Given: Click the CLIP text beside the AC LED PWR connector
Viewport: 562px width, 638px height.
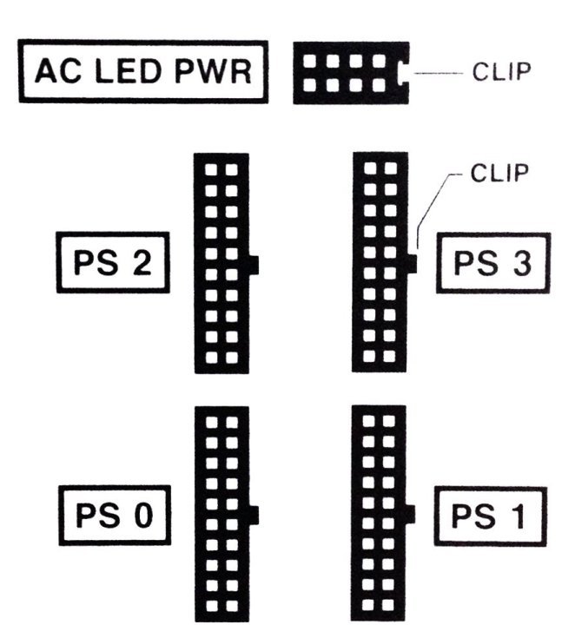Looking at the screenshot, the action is coord(501,72).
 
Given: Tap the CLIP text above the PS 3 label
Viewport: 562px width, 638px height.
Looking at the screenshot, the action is coord(499,173).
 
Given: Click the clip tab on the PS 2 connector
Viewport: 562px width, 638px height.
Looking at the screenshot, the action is coord(254,266).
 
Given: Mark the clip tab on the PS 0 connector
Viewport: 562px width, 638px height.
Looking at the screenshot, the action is coord(254,516).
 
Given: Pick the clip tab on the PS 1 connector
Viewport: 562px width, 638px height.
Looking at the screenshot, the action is coord(410,514).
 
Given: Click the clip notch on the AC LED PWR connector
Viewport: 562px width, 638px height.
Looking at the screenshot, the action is coord(404,73).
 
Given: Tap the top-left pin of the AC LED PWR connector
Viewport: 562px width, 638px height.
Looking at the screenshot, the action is coord(310,62).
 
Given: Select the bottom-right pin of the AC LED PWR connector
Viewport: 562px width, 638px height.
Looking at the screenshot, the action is coord(379,85).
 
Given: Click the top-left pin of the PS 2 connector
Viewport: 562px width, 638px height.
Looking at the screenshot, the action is coord(211,169).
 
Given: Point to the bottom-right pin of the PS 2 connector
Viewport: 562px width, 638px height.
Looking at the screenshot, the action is coord(232,358).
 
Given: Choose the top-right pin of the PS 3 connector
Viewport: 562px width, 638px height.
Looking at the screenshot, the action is coord(391,168).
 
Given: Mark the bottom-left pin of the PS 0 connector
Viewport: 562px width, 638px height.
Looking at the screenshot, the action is coord(212,606).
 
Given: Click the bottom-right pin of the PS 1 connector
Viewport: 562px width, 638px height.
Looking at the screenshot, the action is coord(388,605).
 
